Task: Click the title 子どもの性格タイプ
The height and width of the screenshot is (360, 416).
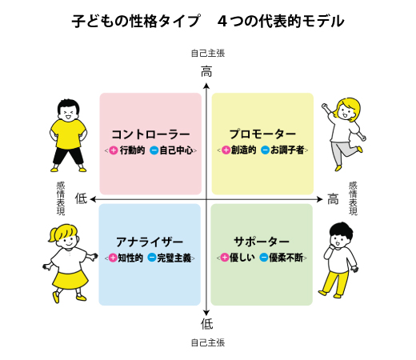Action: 136,21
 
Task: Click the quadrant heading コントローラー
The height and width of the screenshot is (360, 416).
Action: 150,134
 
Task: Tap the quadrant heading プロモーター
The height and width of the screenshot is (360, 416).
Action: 262,134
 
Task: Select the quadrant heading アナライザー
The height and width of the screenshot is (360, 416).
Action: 150,242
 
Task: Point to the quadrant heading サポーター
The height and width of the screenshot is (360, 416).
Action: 262,242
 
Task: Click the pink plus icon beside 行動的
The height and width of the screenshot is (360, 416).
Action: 114,150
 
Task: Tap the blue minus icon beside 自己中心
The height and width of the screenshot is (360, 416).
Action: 154,150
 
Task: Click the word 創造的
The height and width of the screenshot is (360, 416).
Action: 243,150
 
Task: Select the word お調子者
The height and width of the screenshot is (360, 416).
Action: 287,150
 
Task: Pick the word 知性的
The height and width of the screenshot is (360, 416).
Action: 130,258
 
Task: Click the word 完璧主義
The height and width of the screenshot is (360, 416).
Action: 174,258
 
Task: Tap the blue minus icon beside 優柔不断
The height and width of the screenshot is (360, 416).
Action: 264,258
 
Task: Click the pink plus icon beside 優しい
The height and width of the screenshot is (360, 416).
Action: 225,258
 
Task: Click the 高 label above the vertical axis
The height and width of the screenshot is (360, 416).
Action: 206,72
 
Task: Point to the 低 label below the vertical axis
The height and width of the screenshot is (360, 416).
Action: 206,324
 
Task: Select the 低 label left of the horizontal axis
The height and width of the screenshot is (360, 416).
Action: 81,198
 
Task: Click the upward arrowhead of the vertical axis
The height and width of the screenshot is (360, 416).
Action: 206,86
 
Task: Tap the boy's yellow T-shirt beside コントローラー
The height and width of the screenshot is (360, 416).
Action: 68,134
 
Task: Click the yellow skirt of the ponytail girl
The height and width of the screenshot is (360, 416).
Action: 70,280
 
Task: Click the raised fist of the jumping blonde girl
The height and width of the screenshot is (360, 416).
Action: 325,106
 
